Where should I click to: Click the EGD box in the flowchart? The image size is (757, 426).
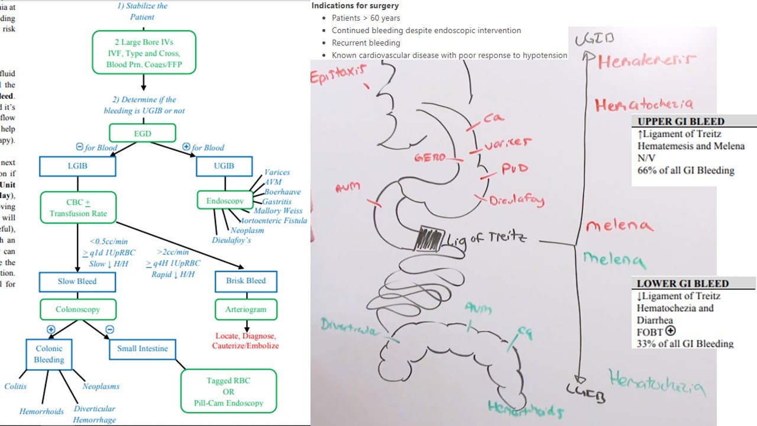(143, 133)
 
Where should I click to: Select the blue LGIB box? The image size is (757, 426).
(77, 166)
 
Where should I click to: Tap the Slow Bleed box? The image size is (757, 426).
(77, 281)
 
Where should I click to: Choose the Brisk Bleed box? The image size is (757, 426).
(245, 281)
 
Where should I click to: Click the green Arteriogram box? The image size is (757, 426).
(245, 309)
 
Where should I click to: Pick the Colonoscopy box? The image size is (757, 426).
(77, 309)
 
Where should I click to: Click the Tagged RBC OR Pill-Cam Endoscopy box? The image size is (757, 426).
(228, 391)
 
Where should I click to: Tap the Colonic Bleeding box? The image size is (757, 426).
(48, 354)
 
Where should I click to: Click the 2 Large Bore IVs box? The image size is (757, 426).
(144, 53)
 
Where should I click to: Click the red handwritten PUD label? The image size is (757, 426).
(514, 169)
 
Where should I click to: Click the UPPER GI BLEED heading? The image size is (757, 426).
(681, 121)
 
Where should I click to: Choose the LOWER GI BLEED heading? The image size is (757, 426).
(682, 283)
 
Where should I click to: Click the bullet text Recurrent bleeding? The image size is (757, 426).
(365, 43)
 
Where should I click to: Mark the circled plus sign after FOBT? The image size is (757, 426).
(670, 331)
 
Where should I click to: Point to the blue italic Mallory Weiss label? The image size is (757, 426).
(278, 211)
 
